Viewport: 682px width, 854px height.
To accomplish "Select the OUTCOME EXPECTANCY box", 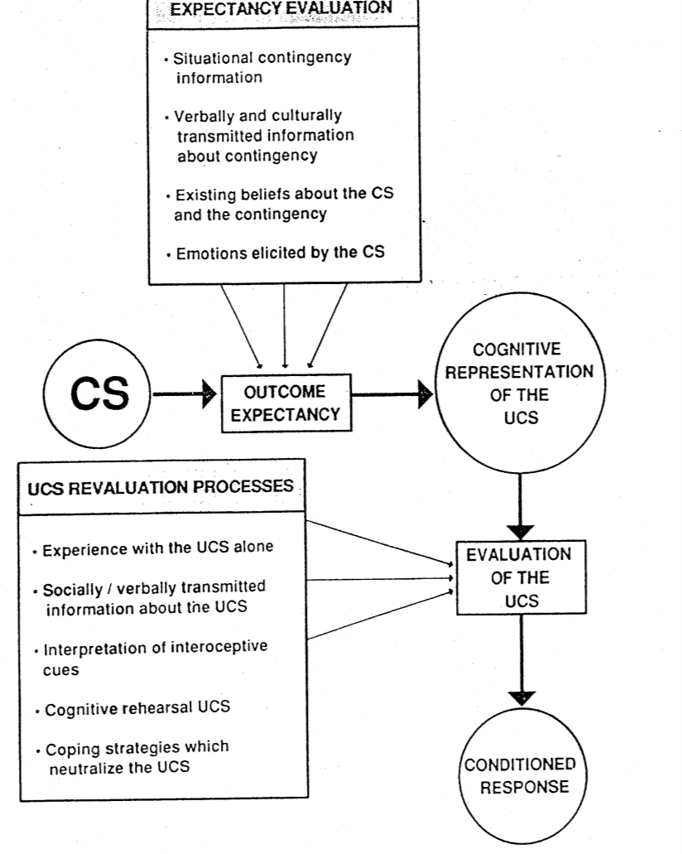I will (285, 403).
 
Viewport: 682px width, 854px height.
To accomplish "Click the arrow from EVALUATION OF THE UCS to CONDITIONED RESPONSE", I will (519, 671).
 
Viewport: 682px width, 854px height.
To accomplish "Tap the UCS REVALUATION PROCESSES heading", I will (159, 488).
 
